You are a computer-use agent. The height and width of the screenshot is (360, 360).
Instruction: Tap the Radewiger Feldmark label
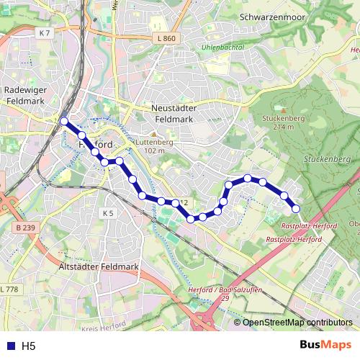pos(25,95)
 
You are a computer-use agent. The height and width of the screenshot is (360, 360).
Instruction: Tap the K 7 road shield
pos(46,34)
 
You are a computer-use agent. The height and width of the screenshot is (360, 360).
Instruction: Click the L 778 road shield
pos(9,289)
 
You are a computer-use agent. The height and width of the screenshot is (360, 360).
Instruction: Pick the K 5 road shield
pos(108,214)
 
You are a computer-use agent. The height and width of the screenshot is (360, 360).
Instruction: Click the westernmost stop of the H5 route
pos(65,122)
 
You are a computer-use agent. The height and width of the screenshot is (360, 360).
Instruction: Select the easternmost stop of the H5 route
pos(296,209)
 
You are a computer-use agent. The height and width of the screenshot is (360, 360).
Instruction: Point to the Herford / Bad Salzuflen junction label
pos(215,293)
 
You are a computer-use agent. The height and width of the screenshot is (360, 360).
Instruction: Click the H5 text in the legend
pos(28,346)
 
